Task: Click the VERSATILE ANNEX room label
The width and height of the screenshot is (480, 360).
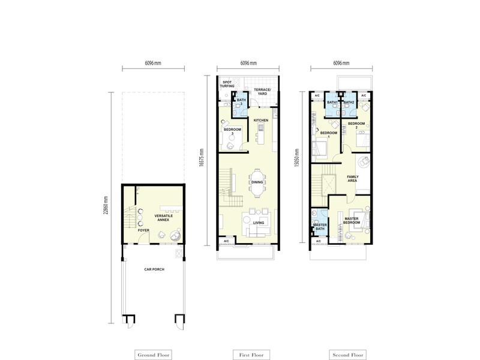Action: pyautogui.click(x=164, y=218)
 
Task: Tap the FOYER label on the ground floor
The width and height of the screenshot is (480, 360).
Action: pyautogui.click(x=143, y=230)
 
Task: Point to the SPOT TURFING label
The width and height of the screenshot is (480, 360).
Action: pyautogui.click(x=227, y=85)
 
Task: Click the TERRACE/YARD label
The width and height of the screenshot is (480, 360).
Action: pyautogui.click(x=264, y=91)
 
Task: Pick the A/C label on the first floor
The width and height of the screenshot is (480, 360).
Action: pyautogui.click(x=226, y=241)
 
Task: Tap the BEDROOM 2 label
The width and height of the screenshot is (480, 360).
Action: pyautogui.click(x=356, y=126)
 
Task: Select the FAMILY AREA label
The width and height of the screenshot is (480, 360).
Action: pyautogui.click(x=353, y=179)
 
